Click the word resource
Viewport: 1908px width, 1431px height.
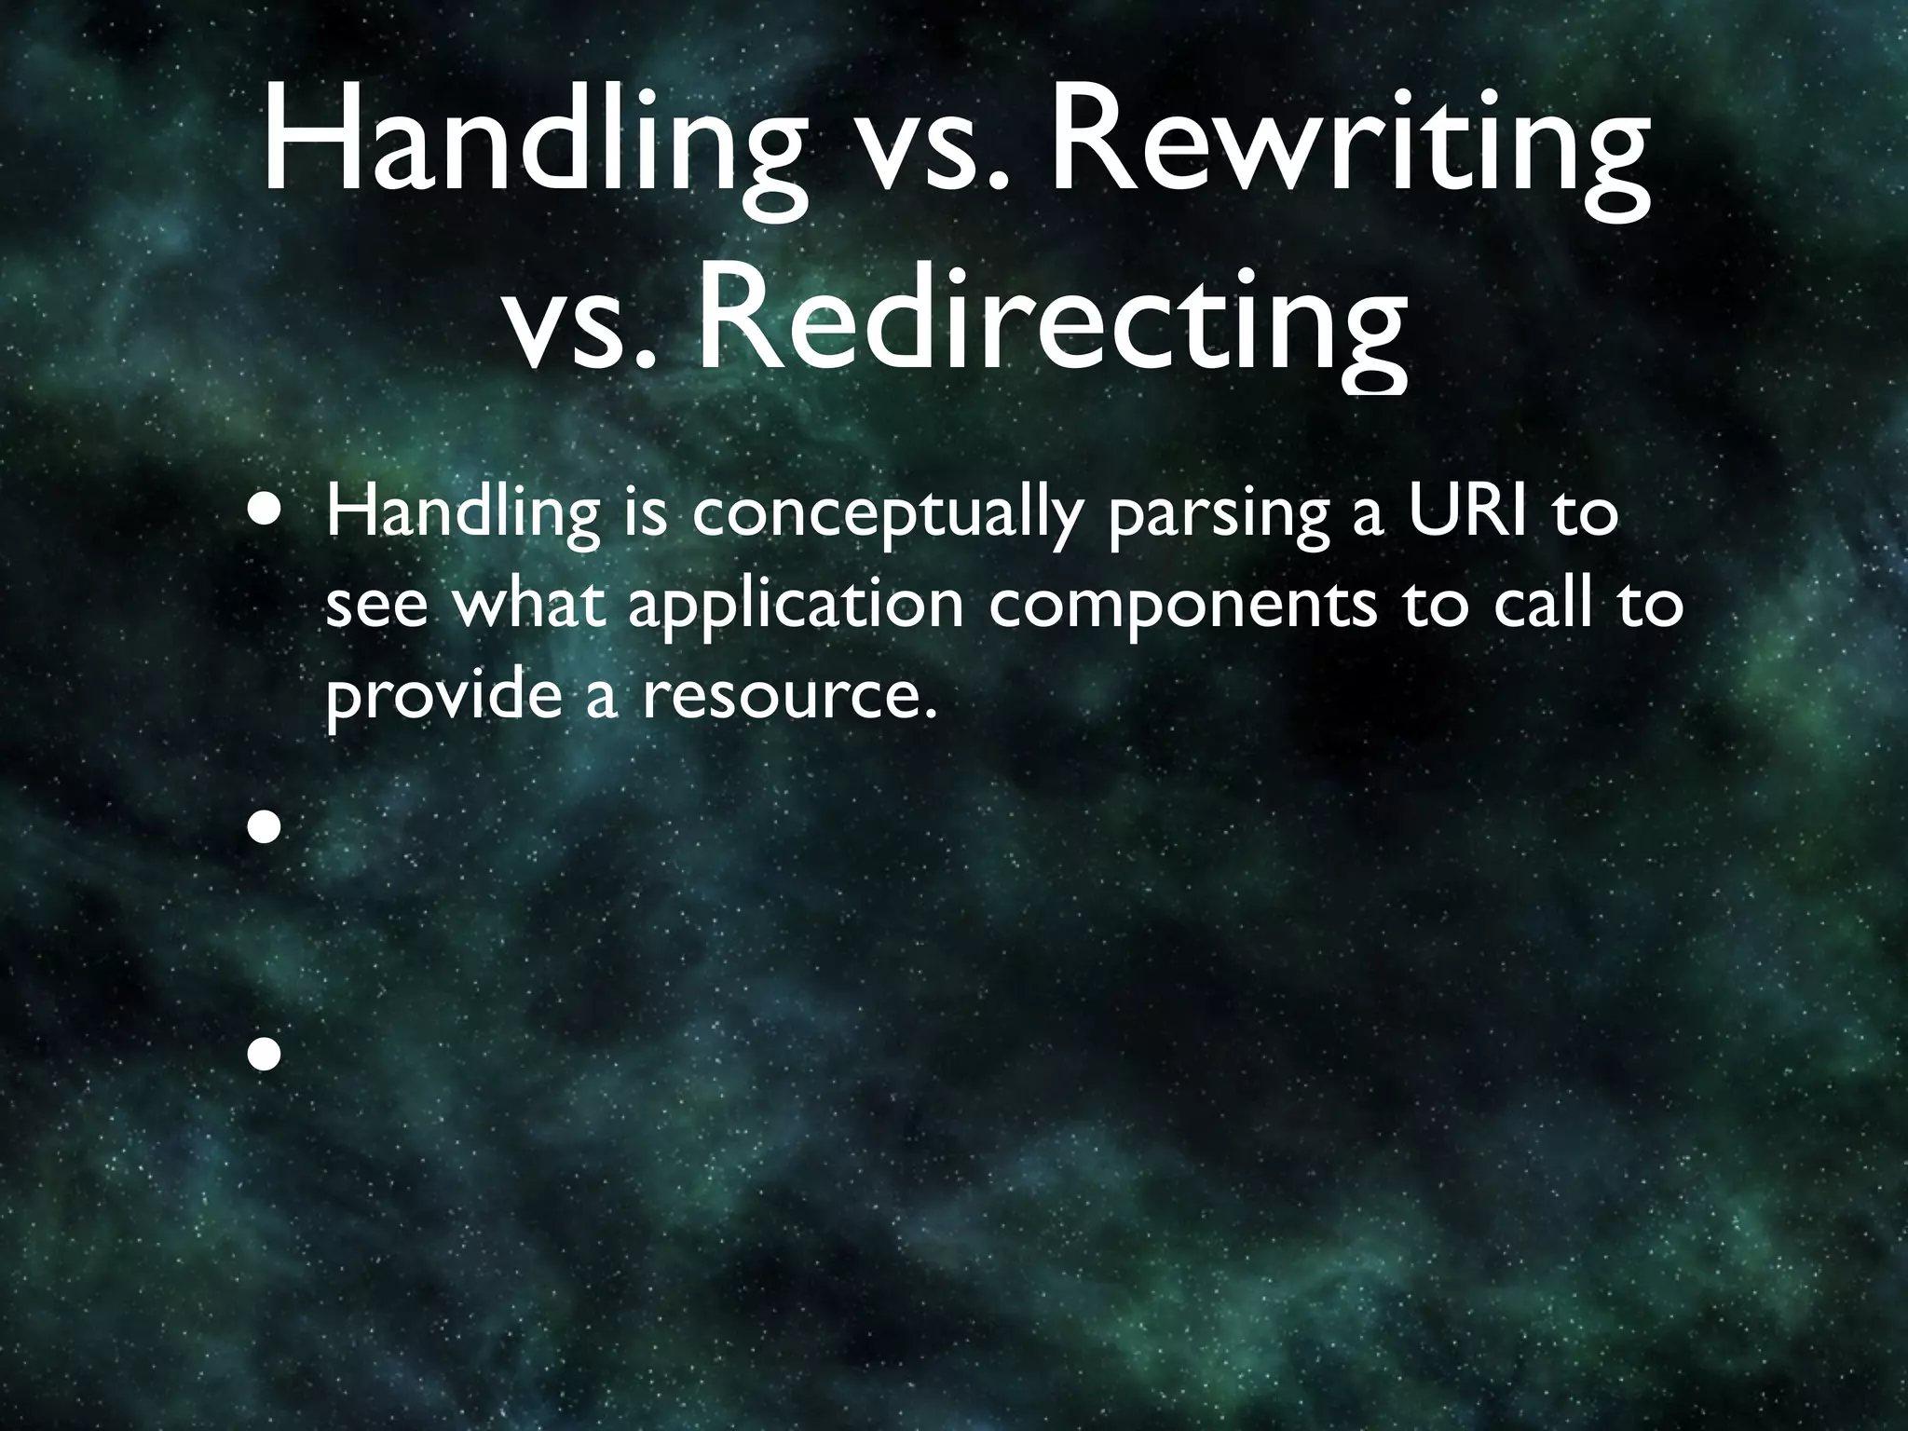coord(787,700)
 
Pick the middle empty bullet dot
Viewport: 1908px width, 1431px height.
coord(265,826)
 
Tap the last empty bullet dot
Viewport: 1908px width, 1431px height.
coord(265,1054)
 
